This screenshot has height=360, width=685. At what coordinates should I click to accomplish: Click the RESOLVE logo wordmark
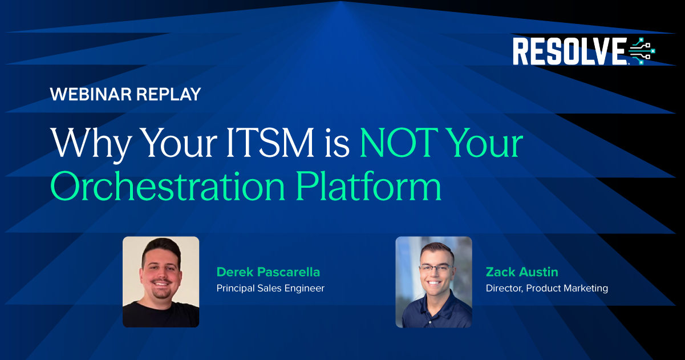(x=569, y=51)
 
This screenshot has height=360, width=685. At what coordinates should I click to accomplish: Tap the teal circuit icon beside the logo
(x=642, y=51)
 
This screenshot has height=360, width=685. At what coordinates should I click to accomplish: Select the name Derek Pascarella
(x=268, y=272)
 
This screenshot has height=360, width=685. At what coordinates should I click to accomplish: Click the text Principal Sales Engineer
(x=270, y=289)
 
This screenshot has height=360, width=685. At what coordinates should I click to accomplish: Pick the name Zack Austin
(x=521, y=272)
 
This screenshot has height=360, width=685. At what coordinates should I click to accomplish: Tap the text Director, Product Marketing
(x=546, y=289)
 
